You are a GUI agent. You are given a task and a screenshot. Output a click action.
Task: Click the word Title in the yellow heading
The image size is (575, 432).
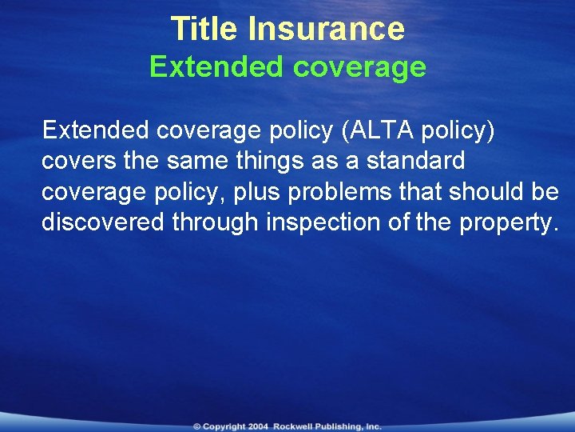coord(206,30)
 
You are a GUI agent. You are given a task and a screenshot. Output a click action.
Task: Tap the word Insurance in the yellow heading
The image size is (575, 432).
coord(327,30)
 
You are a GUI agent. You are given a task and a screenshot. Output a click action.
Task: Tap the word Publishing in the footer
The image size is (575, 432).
coord(340,427)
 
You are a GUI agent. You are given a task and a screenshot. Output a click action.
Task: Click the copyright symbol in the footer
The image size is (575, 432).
coord(196,427)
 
